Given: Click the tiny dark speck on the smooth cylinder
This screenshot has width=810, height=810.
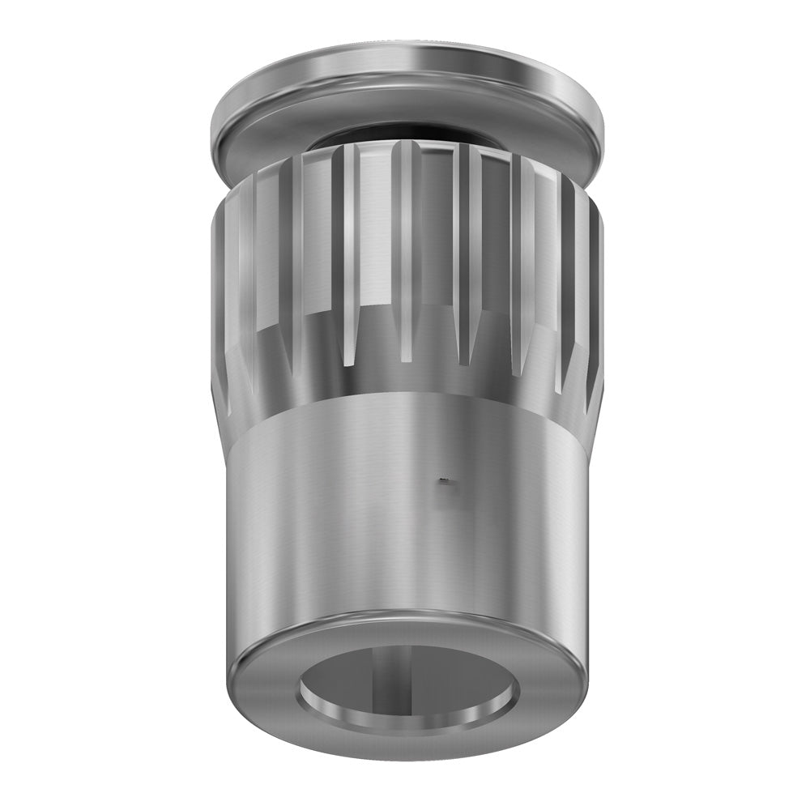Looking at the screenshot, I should [443, 483].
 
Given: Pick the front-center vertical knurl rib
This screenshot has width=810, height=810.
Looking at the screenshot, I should [405, 243].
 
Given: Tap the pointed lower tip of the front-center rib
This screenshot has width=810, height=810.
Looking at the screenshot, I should [405, 356].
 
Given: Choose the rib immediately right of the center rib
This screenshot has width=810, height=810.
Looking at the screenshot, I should [463, 243].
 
